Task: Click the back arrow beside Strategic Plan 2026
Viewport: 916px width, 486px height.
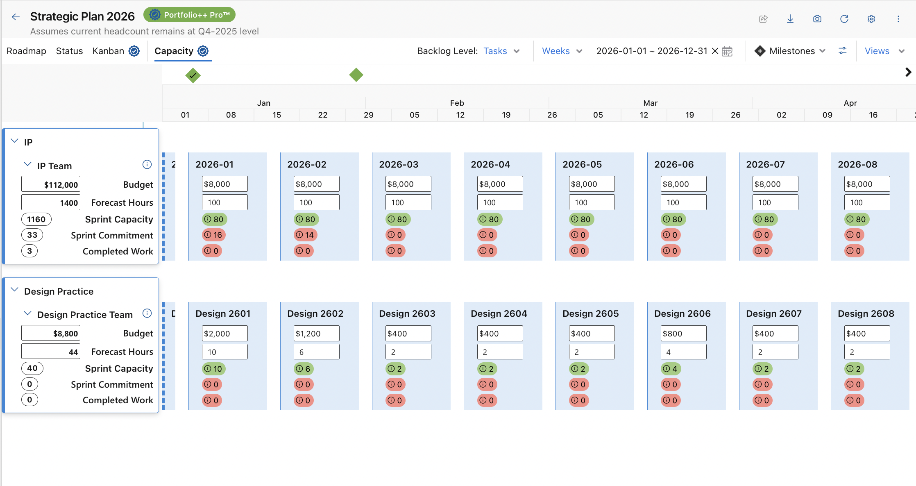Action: click(16, 17)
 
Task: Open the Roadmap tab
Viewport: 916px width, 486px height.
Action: click(26, 51)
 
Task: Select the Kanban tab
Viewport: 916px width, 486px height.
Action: click(108, 51)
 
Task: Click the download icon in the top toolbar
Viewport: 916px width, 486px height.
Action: click(790, 19)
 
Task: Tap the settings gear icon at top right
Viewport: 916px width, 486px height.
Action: click(871, 19)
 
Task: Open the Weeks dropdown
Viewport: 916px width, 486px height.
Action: click(562, 51)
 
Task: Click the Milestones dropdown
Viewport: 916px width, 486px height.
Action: click(790, 51)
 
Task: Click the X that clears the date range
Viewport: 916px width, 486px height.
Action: click(715, 51)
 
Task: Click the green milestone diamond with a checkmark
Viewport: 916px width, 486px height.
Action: click(193, 75)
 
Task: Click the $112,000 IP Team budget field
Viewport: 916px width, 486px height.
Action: click(51, 184)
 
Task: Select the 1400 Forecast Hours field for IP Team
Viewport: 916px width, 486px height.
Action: click(51, 202)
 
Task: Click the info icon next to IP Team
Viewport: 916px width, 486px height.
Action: click(147, 165)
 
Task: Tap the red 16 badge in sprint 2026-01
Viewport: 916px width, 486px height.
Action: click(214, 235)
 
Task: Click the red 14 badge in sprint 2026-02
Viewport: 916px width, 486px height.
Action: click(306, 235)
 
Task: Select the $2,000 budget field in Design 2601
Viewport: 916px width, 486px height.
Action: click(225, 334)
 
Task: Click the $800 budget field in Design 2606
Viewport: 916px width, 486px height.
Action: click(684, 334)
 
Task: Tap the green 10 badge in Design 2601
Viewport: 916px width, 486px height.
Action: click(214, 369)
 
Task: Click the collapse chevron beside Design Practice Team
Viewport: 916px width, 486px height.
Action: click(27, 313)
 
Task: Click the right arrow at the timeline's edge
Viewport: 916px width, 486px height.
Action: click(908, 72)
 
